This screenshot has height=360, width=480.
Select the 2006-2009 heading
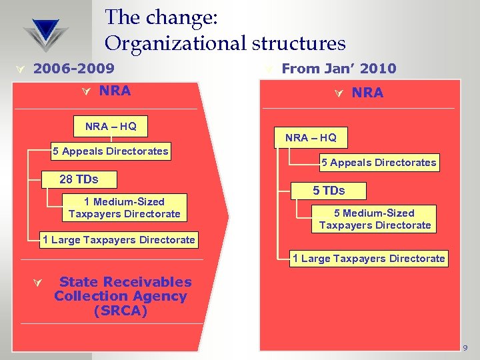[73, 68]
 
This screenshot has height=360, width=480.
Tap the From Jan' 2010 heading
[339, 68]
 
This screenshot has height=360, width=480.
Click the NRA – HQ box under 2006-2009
[111, 126]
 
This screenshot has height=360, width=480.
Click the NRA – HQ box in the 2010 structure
[311, 138]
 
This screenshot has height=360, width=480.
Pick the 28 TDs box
[79, 179]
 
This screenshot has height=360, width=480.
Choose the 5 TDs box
[329, 191]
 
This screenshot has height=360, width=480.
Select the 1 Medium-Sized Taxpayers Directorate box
[124, 207]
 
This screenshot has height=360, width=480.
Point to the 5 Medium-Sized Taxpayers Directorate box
[375, 219]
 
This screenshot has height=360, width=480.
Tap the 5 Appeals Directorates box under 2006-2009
[111, 151]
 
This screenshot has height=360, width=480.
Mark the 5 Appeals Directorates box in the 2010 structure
[379, 162]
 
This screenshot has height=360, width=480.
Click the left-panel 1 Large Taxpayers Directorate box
[119, 240]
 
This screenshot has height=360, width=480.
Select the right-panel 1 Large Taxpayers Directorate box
[369, 259]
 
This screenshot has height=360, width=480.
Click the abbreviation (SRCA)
[121, 311]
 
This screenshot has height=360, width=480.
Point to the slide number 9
[465, 348]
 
